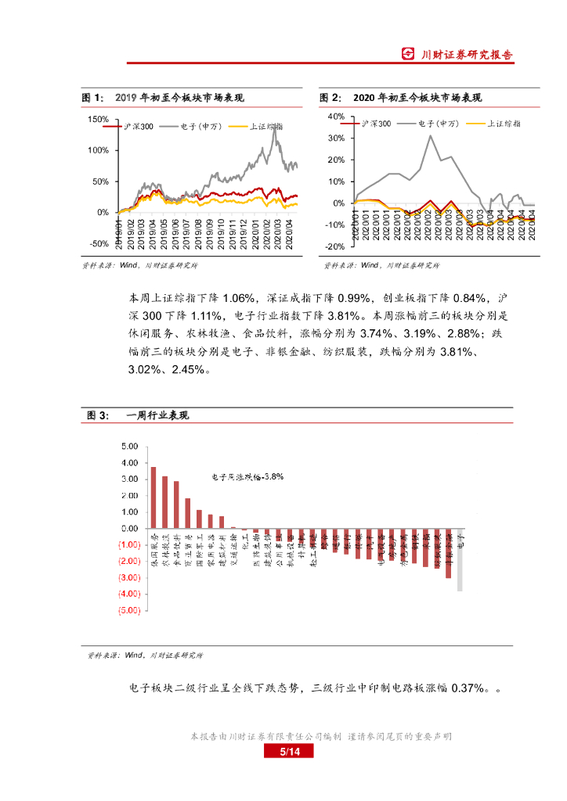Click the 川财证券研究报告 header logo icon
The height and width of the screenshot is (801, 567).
(408, 54)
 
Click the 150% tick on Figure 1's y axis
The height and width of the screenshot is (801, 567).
(99, 120)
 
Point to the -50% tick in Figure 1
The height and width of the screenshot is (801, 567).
(99, 243)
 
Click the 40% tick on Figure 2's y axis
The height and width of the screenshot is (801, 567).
(336, 117)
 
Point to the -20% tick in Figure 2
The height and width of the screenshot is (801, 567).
(335, 246)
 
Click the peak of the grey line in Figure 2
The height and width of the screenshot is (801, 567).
(430, 136)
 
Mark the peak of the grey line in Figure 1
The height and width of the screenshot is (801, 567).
(274, 129)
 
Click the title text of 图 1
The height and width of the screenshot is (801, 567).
(179, 98)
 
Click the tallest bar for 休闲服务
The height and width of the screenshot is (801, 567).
(153, 497)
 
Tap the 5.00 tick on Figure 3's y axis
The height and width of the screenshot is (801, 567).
(128, 446)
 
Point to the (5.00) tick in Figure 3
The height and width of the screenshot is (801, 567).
(128, 611)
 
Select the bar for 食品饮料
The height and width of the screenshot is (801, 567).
(176, 505)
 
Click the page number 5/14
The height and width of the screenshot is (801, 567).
(290, 753)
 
